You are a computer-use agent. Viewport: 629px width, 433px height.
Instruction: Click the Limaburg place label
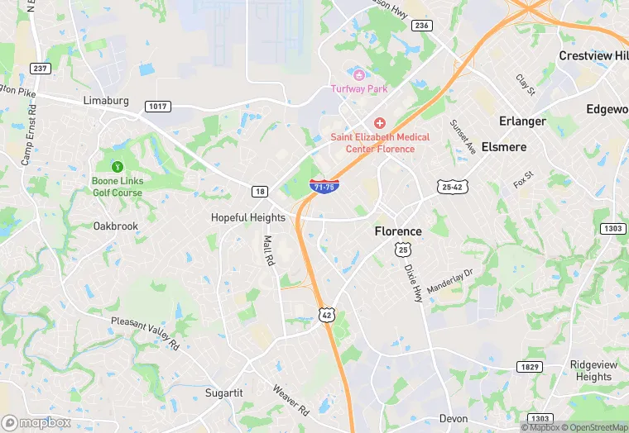108,100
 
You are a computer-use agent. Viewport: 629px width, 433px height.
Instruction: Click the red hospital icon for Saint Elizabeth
380,122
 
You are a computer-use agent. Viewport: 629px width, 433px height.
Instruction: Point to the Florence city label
398,231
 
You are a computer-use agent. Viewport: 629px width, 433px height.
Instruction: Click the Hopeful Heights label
248,218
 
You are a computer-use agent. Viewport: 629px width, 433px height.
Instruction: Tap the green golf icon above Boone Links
117,165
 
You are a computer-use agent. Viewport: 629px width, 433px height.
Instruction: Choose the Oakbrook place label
115,226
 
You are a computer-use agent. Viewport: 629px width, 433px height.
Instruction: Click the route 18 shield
260,192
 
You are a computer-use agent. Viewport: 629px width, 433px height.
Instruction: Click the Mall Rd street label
268,250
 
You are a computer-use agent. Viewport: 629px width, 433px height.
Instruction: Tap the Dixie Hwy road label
413,283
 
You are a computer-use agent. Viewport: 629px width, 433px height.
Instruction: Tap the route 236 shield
422,26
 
